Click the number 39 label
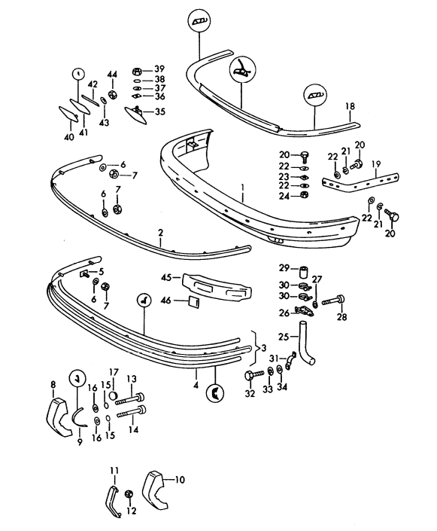(x=159, y=69)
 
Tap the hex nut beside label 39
(x=136, y=72)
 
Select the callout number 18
(x=350, y=106)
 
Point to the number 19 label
(x=376, y=165)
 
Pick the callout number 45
(x=166, y=277)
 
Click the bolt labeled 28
(x=333, y=301)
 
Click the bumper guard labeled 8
(x=57, y=417)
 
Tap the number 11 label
(x=114, y=471)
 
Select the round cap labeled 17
(x=114, y=395)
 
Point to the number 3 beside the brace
(x=264, y=348)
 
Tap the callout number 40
(x=68, y=137)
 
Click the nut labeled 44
(x=113, y=94)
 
